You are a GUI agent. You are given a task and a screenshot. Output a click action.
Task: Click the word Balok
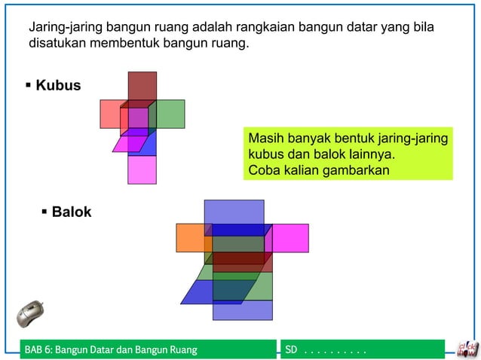tap(72, 212)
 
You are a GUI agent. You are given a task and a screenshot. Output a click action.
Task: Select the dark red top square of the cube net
tap(142, 85)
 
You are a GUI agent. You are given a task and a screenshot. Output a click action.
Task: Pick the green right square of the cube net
tap(170, 114)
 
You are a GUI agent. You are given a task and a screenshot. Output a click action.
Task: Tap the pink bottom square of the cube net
tap(142, 170)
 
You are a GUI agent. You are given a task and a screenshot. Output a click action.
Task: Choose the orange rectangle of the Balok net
tap(190, 237)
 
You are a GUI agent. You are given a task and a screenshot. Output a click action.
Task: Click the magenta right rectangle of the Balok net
tap(290, 237)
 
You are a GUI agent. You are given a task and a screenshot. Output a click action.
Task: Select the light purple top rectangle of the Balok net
tap(234, 212)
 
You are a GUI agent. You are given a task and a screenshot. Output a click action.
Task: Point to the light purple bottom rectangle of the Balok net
tap(242, 310)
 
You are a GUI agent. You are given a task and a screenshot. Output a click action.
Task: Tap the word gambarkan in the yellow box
tap(359, 169)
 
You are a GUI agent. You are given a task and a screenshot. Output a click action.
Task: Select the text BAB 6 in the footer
tap(38, 350)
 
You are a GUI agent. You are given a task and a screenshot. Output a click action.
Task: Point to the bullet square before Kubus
tap(29, 84)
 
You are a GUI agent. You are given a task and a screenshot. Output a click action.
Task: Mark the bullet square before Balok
tap(44, 212)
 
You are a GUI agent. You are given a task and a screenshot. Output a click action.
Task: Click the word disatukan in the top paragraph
tap(57, 43)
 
